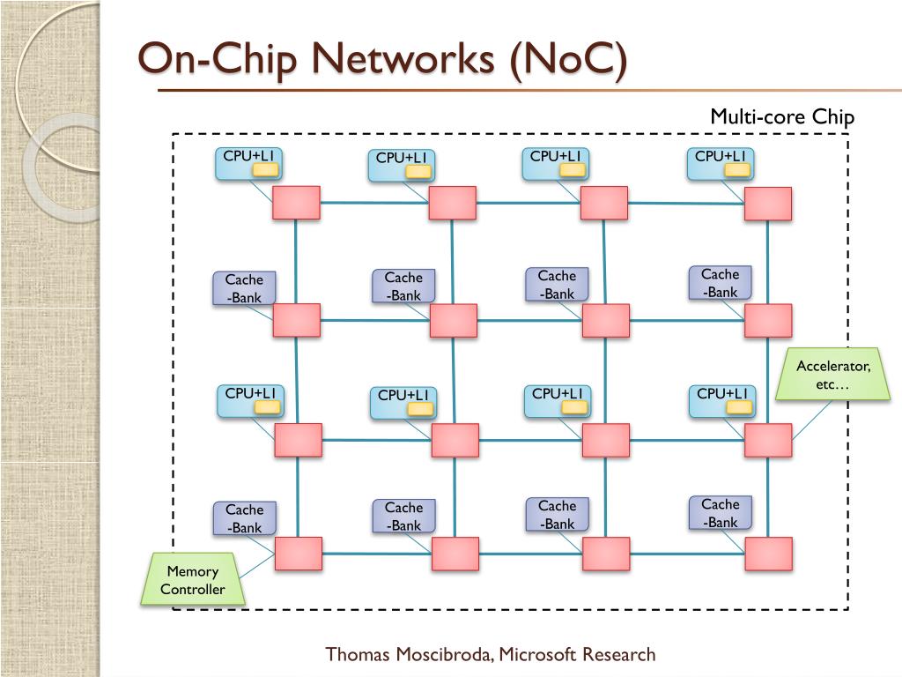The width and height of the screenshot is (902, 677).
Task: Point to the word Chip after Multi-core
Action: (x=833, y=117)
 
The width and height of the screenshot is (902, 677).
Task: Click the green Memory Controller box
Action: (x=193, y=578)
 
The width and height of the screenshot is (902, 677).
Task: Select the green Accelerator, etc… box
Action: (x=833, y=374)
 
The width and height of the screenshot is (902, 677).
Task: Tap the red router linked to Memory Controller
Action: (x=298, y=554)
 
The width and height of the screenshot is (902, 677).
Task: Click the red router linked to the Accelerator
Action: (x=768, y=441)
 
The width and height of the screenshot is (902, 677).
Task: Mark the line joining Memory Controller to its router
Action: (x=256, y=566)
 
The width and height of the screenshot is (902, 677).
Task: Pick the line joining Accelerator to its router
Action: (x=811, y=420)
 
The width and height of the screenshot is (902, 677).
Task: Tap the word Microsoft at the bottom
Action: (x=537, y=654)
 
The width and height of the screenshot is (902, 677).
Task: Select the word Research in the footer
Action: (x=618, y=654)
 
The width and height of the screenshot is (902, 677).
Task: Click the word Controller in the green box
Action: (x=193, y=589)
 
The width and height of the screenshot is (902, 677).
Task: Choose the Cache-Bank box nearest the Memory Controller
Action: (x=245, y=518)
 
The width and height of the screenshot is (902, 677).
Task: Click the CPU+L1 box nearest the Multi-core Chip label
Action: (x=721, y=164)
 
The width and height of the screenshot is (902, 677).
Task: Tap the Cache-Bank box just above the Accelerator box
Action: (x=721, y=283)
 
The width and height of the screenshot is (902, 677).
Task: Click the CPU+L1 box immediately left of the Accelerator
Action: (x=722, y=401)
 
